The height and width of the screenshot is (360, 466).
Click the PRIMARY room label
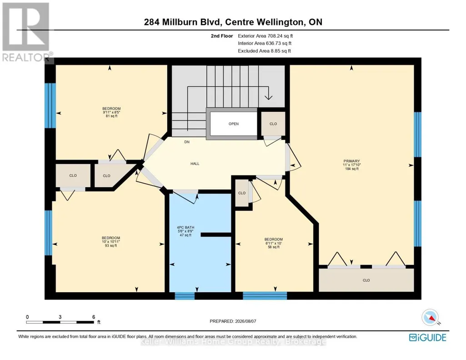(x=351, y=161)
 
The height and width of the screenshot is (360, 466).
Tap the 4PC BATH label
(x=185, y=228)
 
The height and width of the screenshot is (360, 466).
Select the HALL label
(x=195, y=164)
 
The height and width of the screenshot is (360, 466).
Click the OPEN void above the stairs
(x=234, y=124)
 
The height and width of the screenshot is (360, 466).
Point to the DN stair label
(x=187, y=142)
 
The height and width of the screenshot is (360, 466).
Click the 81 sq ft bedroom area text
(x=111, y=116)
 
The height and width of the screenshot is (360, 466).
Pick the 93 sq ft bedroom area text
(x=111, y=245)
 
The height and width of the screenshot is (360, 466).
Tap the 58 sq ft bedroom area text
(x=273, y=247)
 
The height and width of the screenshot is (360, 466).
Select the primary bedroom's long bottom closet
(x=366, y=280)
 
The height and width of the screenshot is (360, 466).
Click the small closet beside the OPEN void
(x=273, y=124)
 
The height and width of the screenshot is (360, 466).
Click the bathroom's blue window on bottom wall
(x=185, y=295)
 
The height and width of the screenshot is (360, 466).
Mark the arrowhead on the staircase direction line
(x=268, y=97)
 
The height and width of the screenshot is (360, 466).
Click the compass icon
(x=430, y=317)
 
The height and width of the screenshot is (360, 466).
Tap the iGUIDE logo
(x=427, y=338)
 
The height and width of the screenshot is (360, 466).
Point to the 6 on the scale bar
(x=94, y=317)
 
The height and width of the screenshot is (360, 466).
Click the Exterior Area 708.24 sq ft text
(x=266, y=36)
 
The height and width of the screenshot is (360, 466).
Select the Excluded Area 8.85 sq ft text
(x=264, y=51)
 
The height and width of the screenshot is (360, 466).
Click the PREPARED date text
(x=233, y=321)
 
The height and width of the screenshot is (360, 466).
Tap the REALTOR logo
(x=26, y=32)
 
